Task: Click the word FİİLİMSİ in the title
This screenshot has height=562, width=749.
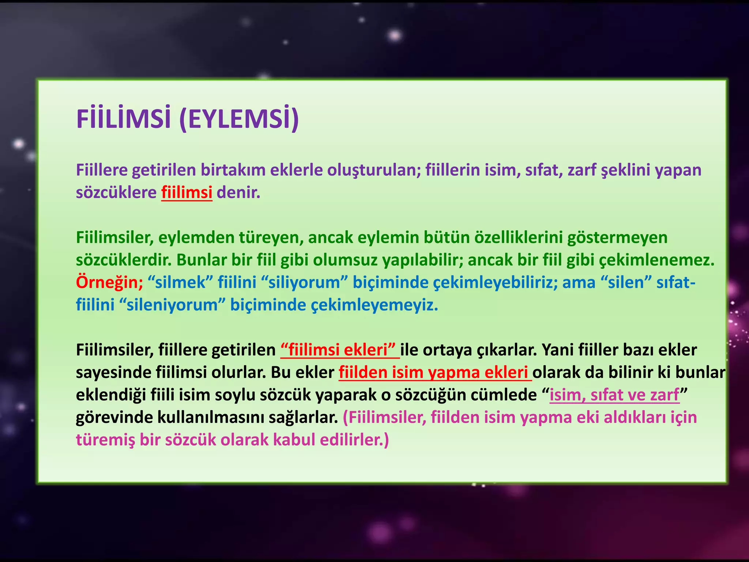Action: click(124, 119)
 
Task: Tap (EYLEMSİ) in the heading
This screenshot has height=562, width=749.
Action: click(239, 119)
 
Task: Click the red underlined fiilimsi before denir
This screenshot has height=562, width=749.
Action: click(187, 192)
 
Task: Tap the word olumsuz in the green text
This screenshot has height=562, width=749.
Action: click(341, 260)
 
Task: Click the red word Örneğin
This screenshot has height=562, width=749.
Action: click(109, 282)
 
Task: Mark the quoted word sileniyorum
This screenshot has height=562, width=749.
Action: click(172, 305)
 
